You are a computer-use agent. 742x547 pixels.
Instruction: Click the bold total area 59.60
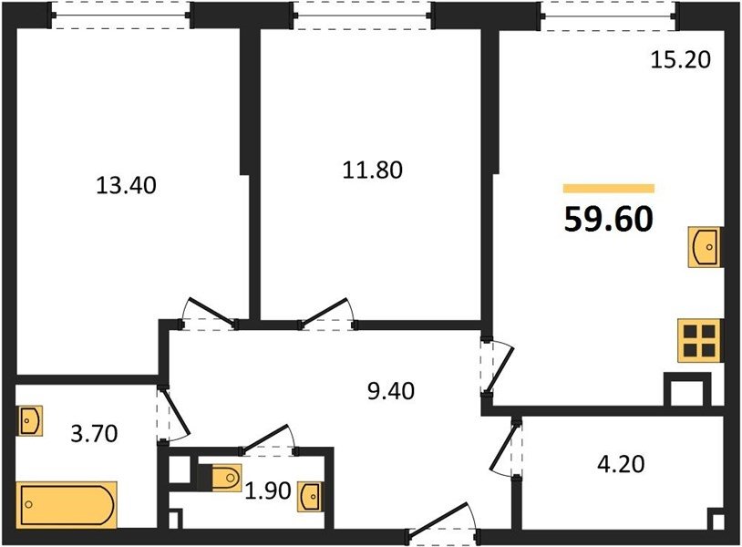coord(609,220)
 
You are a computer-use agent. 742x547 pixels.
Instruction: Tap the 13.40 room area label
coord(126,185)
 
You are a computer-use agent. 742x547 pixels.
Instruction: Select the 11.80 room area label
coord(373,170)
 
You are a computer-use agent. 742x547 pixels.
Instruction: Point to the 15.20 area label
coord(681,60)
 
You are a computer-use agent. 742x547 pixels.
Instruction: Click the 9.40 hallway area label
coord(391,391)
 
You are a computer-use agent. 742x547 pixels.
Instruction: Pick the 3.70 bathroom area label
coord(94,433)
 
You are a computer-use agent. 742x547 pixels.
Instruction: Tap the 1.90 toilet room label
coord(267,490)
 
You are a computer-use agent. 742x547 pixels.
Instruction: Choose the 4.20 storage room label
coord(621,464)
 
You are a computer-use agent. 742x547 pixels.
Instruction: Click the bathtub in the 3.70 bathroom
coord(67,505)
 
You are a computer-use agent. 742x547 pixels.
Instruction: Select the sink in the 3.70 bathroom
coord(30,420)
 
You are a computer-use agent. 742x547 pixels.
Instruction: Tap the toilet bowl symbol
coord(226,477)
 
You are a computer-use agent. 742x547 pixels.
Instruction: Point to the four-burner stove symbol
coord(699,341)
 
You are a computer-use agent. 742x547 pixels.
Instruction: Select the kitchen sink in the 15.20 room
coord(705,247)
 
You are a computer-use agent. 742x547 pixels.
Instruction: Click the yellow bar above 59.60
coord(609,189)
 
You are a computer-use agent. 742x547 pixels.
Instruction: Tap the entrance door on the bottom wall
coord(443,523)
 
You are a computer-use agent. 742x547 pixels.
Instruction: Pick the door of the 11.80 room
coord(327,314)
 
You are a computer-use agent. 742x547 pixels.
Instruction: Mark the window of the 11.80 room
coord(363,15)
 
